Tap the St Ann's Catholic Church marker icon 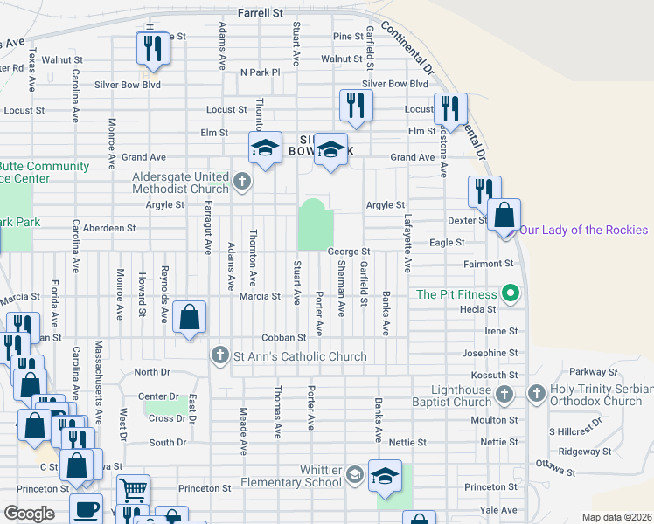click(219, 355)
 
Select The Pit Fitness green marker click(507, 293)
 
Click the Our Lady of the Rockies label click(584, 230)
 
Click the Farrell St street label click(261, 14)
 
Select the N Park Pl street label click(260, 72)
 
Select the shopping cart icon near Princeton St click(133, 491)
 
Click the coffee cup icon click(86, 509)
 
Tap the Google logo click(28, 514)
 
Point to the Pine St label click(348, 37)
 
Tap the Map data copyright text click(616, 517)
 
